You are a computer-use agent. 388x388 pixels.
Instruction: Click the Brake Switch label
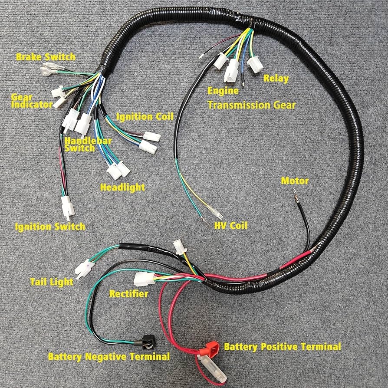click(46, 57)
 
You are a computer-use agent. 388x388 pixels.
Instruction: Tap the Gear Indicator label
click(31, 101)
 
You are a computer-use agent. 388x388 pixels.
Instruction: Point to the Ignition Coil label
click(145, 117)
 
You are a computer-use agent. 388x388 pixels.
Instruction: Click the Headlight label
click(122, 187)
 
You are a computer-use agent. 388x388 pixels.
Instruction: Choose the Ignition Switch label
click(50, 227)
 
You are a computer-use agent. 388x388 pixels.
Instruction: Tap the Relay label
click(276, 79)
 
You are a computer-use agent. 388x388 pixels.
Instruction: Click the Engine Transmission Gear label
click(251, 99)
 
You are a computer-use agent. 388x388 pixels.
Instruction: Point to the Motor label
click(295, 181)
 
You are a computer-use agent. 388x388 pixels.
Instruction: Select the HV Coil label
click(230, 226)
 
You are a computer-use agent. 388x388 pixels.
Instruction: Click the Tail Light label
click(52, 282)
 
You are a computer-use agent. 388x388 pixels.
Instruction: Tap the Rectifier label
click(128, 294)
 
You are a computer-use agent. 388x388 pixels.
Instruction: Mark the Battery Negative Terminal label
click(109, 357)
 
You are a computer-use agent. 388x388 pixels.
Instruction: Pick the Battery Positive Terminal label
click(282, 347)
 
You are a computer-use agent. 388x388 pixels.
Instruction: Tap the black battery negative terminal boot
click(147, 344)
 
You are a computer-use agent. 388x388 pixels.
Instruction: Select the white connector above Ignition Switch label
click(67, 206)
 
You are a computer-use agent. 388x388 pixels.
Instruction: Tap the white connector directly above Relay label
click(255, 65)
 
